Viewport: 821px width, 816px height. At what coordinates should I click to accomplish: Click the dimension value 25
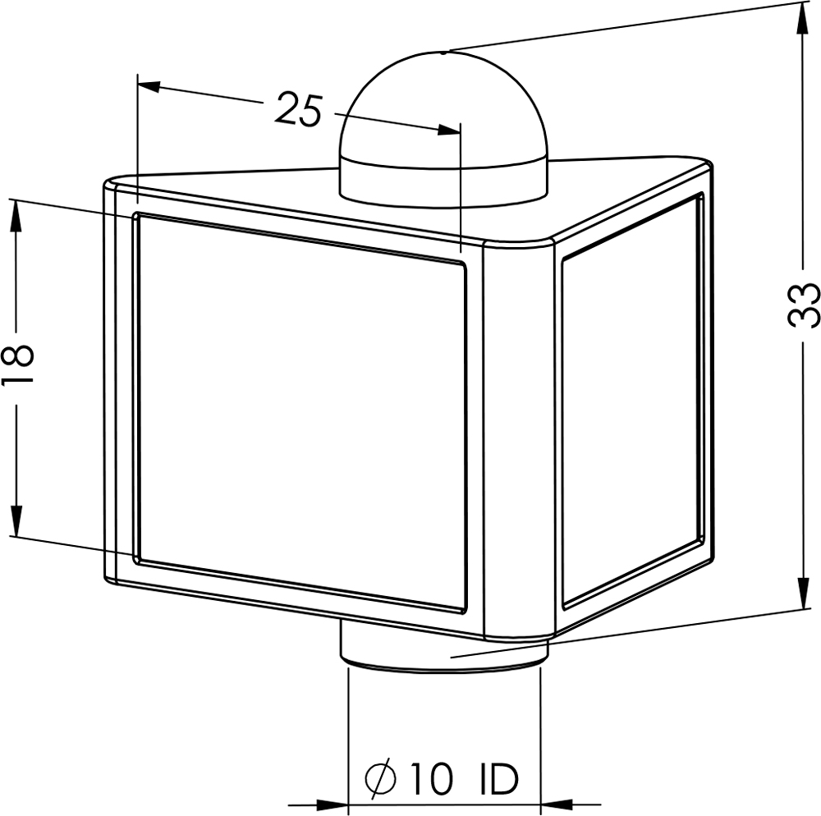pos(298,108)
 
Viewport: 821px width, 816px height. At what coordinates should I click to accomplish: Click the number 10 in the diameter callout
pos(431,778)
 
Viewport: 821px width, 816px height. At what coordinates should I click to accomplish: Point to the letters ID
pos(499,778)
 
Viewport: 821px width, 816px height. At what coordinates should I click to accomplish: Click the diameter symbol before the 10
pos(381,778)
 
